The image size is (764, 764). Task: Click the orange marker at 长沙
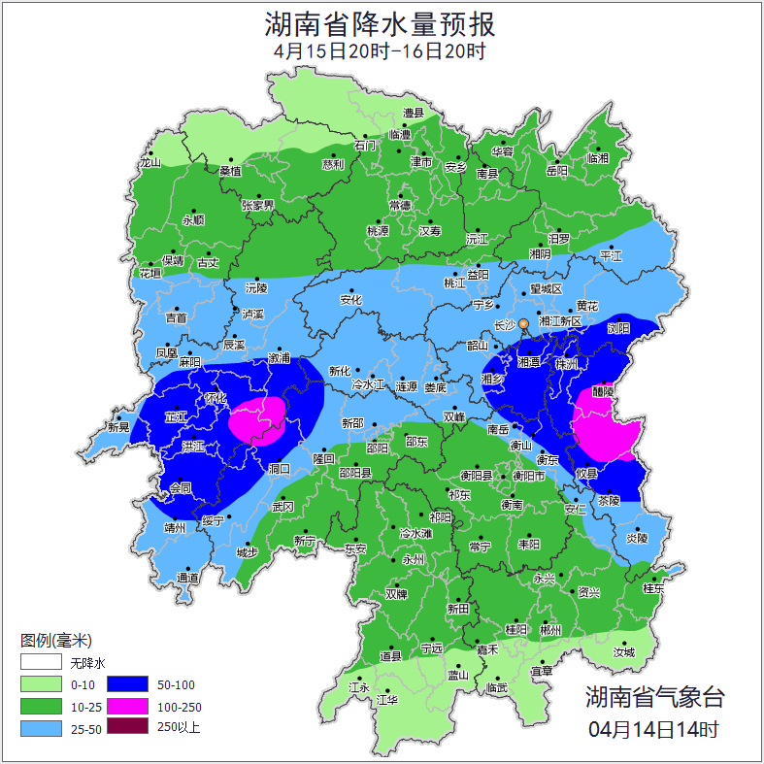[x=524, y=323]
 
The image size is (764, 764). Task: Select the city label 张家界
[x=258, y=205]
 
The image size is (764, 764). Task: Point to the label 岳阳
[x=556, y=171]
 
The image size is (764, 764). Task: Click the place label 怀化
[x=216, y=398]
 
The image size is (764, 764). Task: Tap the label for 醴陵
[x=602, y=392]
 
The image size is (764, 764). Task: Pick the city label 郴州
[x=550, y=630]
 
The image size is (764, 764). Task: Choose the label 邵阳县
[x=354, y=473]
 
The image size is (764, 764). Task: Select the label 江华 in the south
[x=387, y=699]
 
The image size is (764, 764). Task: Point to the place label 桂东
[x=653, y=587]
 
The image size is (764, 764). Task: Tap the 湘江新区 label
[x=560, y=321]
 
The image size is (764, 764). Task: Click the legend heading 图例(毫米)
[x=55, y=641]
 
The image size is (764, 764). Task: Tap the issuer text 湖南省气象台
[x=654, y=696]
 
